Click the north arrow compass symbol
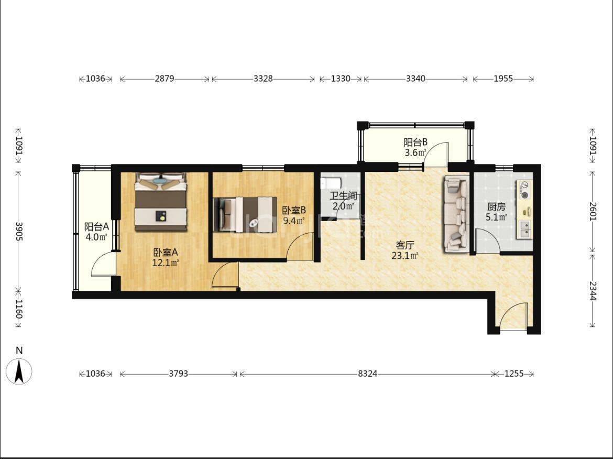(19, 371)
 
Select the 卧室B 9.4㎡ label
(294, 215)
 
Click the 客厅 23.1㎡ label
(405, 250)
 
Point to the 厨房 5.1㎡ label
(497, 212)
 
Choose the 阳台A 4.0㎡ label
(96, 232)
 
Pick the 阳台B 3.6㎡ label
(415, 147)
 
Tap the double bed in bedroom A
(160, 202)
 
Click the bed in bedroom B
(245, 214)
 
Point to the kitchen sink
(525, 229)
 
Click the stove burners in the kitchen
(524, 190)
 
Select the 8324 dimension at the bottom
(367, 374)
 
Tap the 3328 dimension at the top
(263, 79)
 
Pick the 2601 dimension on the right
(593, 211)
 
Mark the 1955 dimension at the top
(503, 79)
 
